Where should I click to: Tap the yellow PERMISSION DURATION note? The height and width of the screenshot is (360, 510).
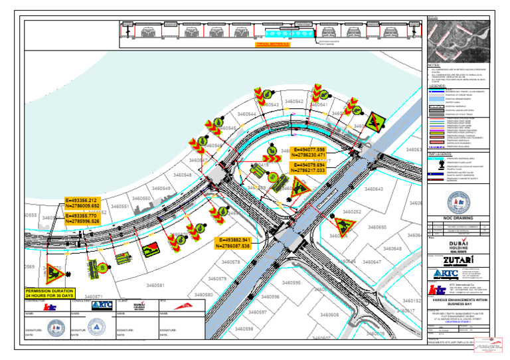pos(50,293)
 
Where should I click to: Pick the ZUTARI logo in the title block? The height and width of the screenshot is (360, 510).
pos(458,259)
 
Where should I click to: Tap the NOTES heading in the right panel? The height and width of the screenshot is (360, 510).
pos(434,65)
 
